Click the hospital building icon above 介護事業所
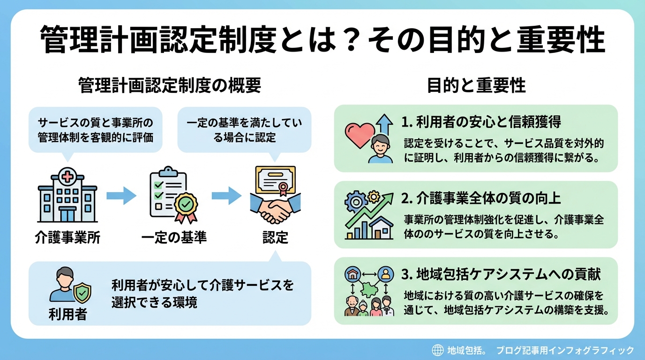point(67,197)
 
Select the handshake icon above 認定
point(275,196)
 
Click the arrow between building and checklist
point(121,195)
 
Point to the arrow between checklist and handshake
point(226,195)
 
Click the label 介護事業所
point(67,238)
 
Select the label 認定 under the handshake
point(275,238)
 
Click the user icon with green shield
point(70,286)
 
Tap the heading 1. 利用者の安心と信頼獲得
point(481,122)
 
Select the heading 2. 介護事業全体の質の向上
point(481,198)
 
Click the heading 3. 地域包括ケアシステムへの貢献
point(501,274)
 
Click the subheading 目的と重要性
point(476,86)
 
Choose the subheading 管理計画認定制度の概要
point(170,86)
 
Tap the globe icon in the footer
point(437,350)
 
